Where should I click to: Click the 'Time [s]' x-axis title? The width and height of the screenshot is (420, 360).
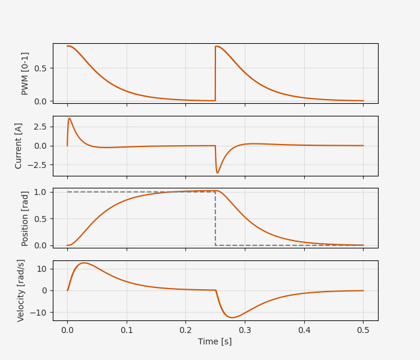(215, 341)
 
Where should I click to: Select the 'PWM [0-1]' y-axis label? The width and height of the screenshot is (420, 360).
(25, 73)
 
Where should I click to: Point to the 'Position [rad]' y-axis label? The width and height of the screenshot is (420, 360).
(25, 218)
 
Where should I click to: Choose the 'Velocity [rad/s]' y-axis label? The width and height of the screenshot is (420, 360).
(21, 290)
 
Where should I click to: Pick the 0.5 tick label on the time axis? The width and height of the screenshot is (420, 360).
(363, 329)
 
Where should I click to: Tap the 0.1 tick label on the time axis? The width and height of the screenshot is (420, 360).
(127, 329)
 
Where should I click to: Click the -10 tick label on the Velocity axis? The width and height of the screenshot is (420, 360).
(39, 313)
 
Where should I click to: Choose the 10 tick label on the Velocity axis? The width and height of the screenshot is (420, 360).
(41, 269)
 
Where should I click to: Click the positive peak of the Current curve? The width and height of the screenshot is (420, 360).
(70, 118)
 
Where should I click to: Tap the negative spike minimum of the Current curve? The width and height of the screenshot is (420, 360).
(218, 173)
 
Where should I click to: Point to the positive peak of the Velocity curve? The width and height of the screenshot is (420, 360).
(84, 263)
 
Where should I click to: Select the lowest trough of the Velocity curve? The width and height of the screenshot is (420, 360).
(232, 317)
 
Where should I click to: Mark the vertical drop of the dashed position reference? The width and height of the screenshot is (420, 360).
(215, 218)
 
